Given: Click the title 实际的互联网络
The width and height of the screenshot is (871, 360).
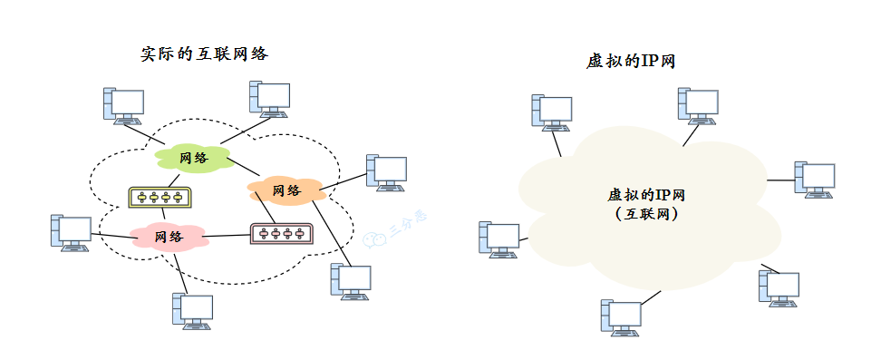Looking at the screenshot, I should coord(204,54).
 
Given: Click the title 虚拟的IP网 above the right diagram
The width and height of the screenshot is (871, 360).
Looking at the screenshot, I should coord(632,62).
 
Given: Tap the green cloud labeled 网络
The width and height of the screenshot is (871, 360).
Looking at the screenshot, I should coord(193,158).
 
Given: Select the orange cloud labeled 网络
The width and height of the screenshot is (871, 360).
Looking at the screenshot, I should coord(286,190).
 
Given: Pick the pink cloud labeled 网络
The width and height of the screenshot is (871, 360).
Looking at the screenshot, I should coord(169,237).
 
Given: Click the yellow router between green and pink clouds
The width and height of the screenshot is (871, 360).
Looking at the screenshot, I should coord(160,197).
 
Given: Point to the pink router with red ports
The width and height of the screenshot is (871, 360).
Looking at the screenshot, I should coord(281,234).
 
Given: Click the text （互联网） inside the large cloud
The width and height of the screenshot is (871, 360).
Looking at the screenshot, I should coord(644,215).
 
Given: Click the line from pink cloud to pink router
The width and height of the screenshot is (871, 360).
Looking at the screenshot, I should coord(227,236).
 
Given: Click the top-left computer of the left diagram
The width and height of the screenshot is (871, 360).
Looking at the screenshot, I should coord(122,105).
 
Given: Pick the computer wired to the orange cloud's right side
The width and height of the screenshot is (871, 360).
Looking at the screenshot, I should coord(385,172).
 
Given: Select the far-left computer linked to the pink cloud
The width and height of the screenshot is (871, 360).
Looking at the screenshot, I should coord(71,233).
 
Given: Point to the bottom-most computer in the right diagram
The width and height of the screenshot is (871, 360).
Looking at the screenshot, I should coord(621,318).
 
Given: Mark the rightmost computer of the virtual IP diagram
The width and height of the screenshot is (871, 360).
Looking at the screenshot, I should coord(813,180).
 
